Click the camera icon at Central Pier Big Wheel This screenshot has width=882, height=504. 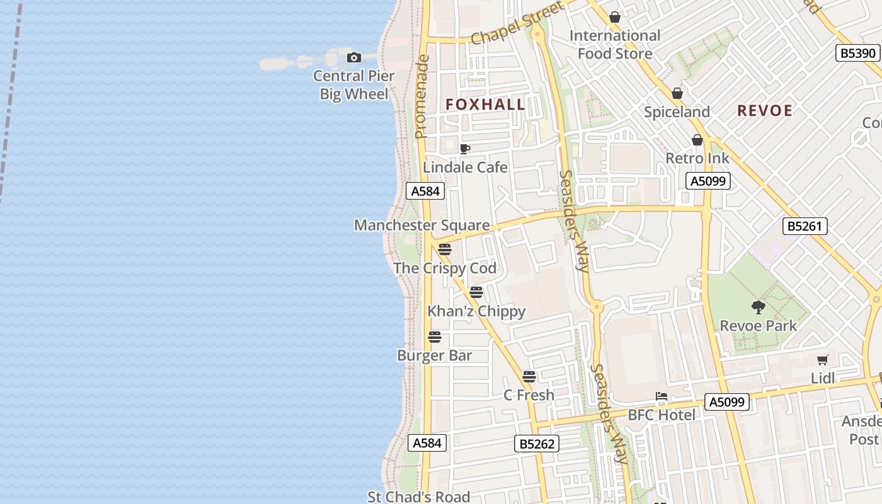coord(354,58)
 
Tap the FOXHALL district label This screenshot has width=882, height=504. coord(485,105)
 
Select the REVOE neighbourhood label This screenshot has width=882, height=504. coord(764,111)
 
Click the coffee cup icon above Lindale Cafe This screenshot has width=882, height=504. coord(465,149)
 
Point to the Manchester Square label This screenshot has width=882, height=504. coord(421,225)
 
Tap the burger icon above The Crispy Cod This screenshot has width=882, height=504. coord(445,249)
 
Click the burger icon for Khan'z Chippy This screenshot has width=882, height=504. coord(476,292)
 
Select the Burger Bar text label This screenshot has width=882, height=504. coord(434,355)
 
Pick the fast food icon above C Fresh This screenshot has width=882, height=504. coord(529,377)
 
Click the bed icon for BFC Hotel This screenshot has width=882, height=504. coord(661,396)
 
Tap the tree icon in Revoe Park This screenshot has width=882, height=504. coord(759,307)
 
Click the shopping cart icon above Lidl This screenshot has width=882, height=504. coord(822,360)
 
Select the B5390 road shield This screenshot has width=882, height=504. coord(857,53)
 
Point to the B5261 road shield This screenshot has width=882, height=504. coord(805,226)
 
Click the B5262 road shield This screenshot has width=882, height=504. coord(537,444)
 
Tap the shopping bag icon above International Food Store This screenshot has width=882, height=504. coord(615,17)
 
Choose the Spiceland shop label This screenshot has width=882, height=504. coord(677,112)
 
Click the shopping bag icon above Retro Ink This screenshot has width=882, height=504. coord(697,140)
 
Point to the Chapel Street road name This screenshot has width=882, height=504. coord(517,24)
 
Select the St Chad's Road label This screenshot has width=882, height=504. coord(419,496)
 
